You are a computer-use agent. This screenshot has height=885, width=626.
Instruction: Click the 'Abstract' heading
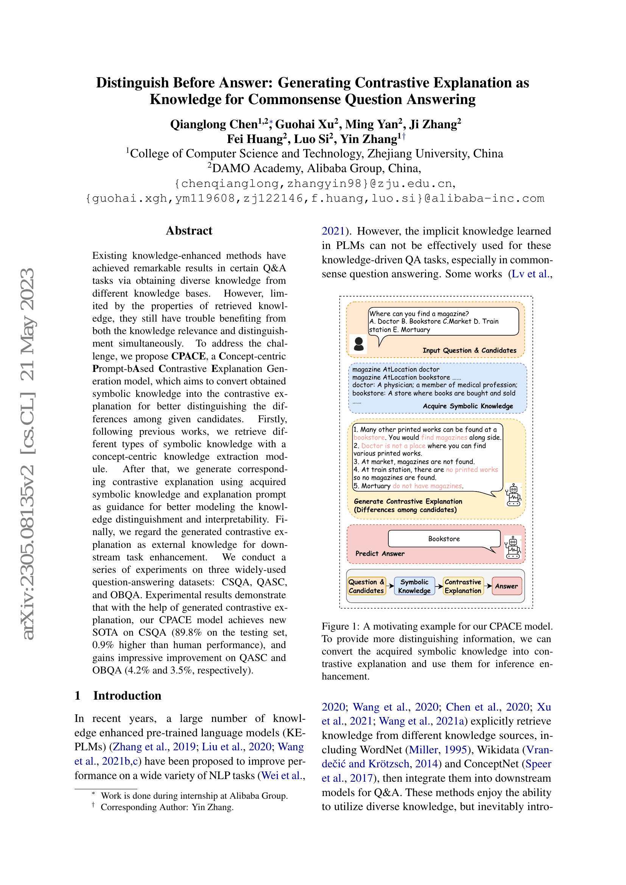(x=189, y=230)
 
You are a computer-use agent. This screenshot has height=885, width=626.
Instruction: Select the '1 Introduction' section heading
(x=118, y=695)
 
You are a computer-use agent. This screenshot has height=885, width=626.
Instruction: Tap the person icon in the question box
(x=358, y=344)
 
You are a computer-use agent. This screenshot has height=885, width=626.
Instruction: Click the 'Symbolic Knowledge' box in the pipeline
(x=414, y=586)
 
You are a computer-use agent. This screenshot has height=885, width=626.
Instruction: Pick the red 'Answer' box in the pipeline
(x=506, y=586)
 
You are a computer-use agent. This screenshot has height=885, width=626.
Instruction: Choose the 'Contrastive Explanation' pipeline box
(x=462, y=586)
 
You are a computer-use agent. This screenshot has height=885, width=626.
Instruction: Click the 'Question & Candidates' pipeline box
(x=366, y=586)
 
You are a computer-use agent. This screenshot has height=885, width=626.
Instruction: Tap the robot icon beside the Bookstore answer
(x=513, y=547)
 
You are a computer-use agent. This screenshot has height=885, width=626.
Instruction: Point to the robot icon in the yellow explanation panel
(x=514, y=495)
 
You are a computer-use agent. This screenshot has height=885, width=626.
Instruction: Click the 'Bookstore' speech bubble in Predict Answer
(x=444, y=539)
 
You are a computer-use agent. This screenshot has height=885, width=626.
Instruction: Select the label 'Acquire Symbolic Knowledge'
(x=467, y=406)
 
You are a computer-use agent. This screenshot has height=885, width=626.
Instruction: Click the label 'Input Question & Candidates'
(x=469, y=350)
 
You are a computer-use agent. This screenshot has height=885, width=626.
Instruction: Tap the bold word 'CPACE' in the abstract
(x=188, y=356)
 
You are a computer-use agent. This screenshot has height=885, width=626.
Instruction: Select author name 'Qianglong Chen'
(x=214, y=124)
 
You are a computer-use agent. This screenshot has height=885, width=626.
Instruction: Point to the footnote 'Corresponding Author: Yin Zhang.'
(x=167, y=807)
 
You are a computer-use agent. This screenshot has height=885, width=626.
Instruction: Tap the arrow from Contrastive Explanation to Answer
(x=487, y=586)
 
